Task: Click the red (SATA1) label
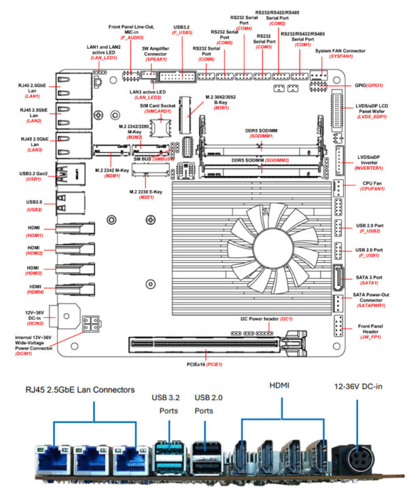tap(369, 282)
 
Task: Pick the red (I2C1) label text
tap(286, 318)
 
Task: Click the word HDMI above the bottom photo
tap(279, 386)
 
